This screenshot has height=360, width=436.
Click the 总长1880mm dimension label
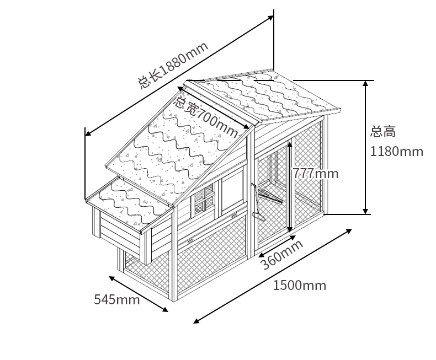(173, 65)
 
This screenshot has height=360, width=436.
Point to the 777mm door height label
(315, 173)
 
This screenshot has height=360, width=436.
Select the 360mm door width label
(281, 254)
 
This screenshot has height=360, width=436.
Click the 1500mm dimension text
(299, 285)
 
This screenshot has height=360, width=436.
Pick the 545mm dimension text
(116, 299)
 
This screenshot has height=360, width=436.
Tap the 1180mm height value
(396, 151)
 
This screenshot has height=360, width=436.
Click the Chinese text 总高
(383, 132)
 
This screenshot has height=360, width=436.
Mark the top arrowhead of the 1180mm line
(365, 83)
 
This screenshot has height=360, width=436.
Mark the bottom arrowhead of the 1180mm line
(365, 212)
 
